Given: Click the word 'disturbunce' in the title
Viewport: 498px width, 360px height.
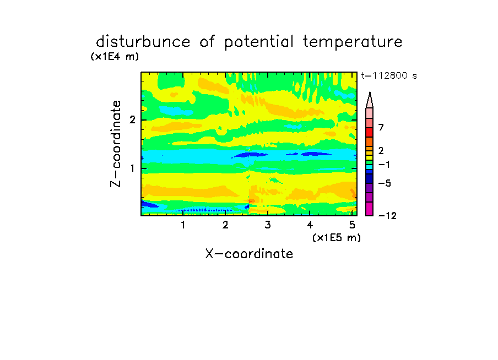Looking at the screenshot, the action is click(x=143, y=42).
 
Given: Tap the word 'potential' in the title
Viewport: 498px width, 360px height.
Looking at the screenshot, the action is click(x=259, y=42).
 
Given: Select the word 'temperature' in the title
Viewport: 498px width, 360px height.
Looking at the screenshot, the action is click(x=353, y=42).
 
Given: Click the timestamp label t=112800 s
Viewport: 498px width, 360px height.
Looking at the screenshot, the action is click(x=389, y=75).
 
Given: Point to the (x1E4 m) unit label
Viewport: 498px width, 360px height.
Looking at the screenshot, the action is click(x=115, y=57).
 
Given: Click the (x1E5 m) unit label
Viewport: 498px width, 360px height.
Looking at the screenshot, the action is click(x=337, y=237).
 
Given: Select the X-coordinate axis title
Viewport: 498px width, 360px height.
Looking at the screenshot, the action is click(x=249, y=254).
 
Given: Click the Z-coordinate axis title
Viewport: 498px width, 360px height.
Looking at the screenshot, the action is click(x=116, y=144).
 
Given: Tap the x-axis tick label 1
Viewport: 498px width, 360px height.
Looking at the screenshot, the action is click(x=183, y=225).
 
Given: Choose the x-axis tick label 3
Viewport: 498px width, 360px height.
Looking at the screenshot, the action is click(x=268, y=225).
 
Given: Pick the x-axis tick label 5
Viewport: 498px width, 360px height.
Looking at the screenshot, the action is click(x=352, y=225).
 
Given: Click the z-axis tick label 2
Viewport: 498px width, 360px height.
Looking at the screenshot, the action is click(x=132, y=120).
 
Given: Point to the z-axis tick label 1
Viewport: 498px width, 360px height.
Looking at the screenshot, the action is click(x=132, y=168).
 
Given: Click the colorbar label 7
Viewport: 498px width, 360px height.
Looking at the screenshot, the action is click(x=381, y=127).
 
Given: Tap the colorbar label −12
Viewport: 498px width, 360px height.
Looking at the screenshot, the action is click(x=387, y=216).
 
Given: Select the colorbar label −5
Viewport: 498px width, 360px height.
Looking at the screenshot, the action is click(x=385, y=183).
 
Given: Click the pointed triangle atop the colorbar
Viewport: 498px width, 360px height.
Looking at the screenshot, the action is click(x=370, y=100).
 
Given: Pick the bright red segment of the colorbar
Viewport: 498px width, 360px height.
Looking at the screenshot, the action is click(x=370, y=132).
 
